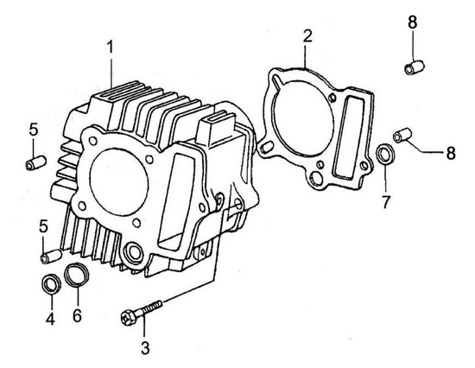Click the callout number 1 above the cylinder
coord(111,48)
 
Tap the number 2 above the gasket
coord(307,36)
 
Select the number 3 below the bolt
coord(145,348)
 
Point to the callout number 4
coord(50,319)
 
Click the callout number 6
coord(77,316)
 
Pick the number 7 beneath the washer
coord(385,202)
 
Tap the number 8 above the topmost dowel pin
coord(413,22)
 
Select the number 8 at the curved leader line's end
coord(451,153)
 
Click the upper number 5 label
coord(34,130)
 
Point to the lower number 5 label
coord(43,226)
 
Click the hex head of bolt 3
coord(129,317)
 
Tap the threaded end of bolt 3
coord(153,306)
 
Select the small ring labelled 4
coord(51,284)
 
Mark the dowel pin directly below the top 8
coord(415,67)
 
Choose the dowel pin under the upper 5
coord(35,163)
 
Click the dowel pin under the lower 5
coord(51,257)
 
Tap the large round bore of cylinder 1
coord(119,182)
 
